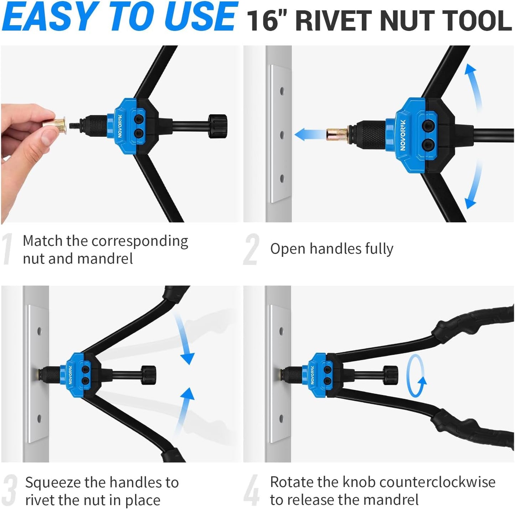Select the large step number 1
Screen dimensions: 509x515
click(x=7, y=249)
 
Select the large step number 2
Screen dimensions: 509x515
click(x=251, y=249)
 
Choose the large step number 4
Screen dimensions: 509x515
click(x=252, y=490)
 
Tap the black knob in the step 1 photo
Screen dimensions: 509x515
click(x=217, y=126)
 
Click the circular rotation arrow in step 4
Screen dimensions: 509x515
click(x=416, y=376)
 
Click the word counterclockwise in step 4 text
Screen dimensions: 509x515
click(x=418, y=482)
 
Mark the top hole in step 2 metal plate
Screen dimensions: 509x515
click(x=282, y=91)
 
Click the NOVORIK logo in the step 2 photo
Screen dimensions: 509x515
click(x=403, y=135)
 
